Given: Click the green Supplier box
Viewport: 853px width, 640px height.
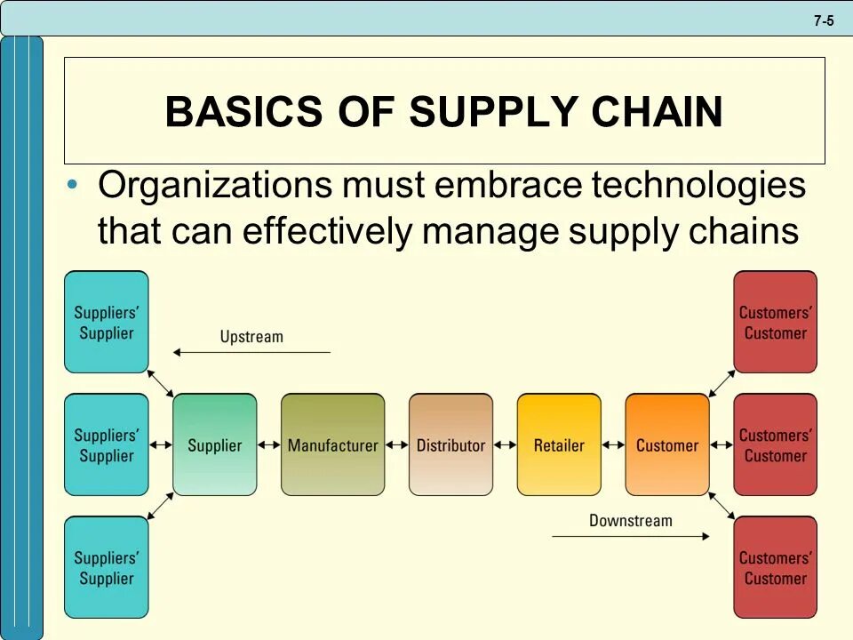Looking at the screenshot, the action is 214,444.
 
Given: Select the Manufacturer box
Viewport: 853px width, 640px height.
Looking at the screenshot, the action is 332,444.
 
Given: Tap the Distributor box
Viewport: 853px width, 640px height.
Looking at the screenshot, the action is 450,444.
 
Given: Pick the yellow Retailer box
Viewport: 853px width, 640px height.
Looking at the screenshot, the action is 559,444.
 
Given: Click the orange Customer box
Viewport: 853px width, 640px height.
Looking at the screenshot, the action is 667,444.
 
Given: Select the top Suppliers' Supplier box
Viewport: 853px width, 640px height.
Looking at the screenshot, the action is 106,322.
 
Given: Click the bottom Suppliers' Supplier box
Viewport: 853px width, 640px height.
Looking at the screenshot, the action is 106,567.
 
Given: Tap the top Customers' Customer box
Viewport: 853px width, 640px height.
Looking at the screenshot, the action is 775,322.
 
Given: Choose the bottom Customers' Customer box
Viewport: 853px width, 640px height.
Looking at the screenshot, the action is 775,567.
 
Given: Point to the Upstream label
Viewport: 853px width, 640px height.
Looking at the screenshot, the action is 251,337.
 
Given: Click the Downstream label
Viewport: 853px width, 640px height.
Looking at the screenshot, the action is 631,520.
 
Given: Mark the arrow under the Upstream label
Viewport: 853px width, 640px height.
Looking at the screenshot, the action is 251,353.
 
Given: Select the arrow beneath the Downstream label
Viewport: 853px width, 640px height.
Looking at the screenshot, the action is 631,536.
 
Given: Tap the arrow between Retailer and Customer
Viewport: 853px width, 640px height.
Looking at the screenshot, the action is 613,445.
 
